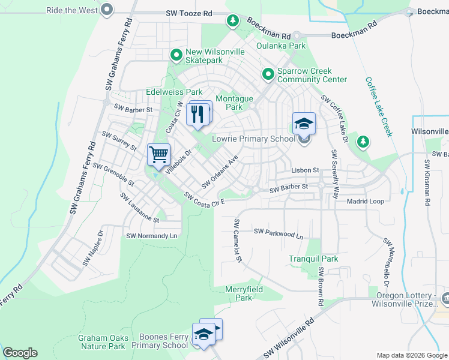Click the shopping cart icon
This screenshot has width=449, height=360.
159,155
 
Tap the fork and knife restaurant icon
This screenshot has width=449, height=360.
199,113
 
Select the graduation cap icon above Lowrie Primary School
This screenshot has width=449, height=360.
304,124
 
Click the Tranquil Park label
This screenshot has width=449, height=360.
313,259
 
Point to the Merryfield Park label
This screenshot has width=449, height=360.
244,293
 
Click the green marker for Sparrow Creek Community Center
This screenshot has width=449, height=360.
268,74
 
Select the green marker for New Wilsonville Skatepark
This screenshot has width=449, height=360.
176,56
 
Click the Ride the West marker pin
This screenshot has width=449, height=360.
107,9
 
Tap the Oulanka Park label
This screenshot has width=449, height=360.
280,46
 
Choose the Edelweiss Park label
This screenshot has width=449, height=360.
174,92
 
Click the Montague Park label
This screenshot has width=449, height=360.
234,103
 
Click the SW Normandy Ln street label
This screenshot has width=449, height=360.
152,236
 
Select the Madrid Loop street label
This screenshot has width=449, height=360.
365,201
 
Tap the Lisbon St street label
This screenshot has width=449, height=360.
304,170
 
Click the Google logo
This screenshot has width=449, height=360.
20,352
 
